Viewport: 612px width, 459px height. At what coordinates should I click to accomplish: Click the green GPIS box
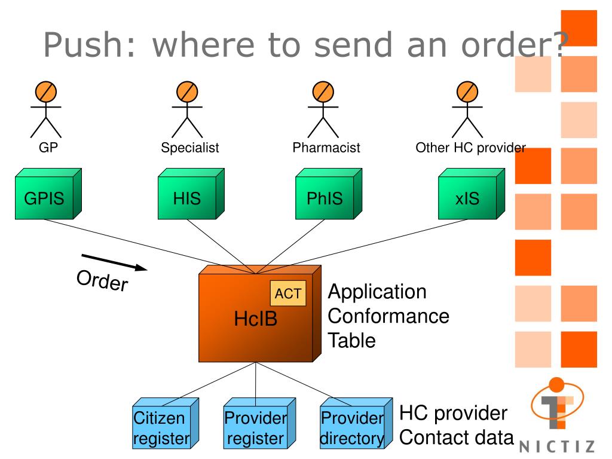(48, 194)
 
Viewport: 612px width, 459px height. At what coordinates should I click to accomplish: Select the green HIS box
(191, 194)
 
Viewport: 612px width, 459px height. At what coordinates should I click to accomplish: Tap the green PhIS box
(329, 194)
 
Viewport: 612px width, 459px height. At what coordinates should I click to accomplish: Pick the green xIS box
(472, 194)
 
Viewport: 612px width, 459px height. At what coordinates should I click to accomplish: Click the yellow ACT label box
(288, 293)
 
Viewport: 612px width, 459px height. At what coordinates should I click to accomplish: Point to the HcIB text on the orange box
(256, 319)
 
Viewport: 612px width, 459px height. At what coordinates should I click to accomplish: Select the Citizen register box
(166, 423)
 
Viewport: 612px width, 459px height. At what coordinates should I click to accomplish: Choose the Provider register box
(259, 423)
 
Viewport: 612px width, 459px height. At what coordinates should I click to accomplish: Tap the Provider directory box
(356, 423)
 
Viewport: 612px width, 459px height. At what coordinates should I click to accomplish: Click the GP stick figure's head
(46, 91)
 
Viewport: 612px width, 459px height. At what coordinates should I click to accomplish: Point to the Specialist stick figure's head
(187, 91)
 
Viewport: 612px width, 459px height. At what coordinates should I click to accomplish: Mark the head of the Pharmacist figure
(323, 91)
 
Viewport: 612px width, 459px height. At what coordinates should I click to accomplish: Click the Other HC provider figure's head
(467, 91)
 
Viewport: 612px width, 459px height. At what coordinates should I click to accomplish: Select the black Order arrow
(114, 262)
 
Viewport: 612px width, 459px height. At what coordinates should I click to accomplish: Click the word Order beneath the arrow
(102, 280)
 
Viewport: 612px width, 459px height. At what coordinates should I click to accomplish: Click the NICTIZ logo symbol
(558, 403)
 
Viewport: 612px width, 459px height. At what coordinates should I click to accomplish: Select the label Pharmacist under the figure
(326, 148)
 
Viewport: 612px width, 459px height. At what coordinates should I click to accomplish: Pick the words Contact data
(456, 437)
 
